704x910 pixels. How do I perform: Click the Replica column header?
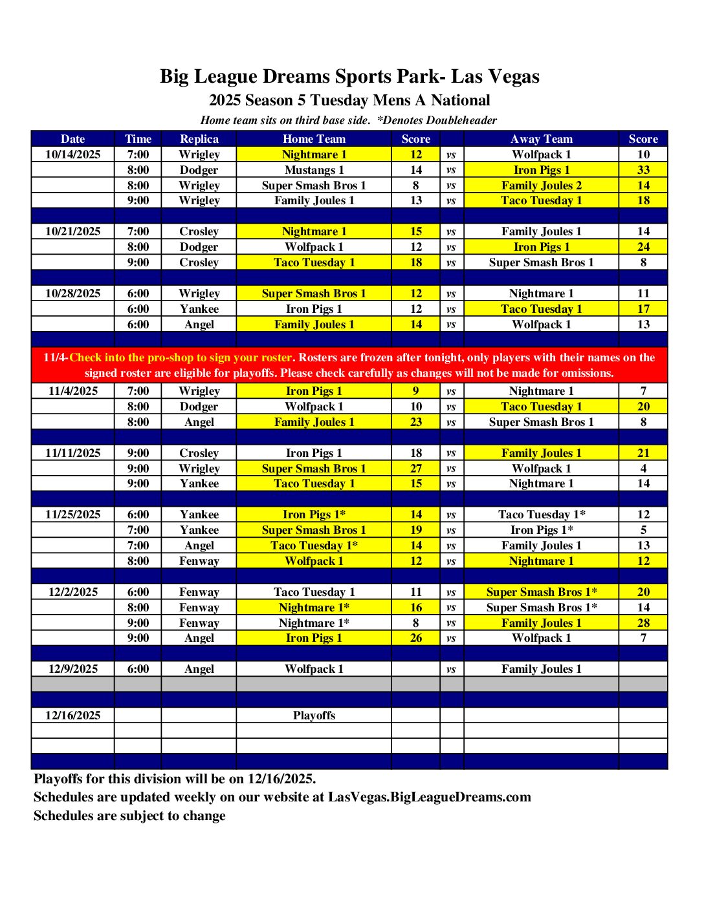(199, 139)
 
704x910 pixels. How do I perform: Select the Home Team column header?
(314, 139)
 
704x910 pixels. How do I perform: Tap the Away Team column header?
(541, 139)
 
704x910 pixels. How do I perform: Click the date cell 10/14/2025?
(72, 154)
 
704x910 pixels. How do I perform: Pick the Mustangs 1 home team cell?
(314, 170)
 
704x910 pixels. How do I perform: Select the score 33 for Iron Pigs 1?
(643, 170)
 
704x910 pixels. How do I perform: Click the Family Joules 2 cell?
(541, 185)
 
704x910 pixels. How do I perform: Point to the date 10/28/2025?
(72, 293)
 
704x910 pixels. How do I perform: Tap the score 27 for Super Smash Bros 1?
(415, 469)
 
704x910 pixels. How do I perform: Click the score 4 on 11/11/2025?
(643, 469)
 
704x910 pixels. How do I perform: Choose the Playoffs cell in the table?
(314, 715)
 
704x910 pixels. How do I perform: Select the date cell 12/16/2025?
(72, 715)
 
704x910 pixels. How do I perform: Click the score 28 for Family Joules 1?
(643, 623)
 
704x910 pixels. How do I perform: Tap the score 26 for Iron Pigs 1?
(415, 638)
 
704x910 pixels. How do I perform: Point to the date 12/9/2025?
(72, 669)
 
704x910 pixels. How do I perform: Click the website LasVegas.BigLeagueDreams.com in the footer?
(429, 797)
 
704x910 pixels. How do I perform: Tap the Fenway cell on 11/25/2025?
(199, 561)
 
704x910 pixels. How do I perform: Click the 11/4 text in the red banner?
(55, 357)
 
